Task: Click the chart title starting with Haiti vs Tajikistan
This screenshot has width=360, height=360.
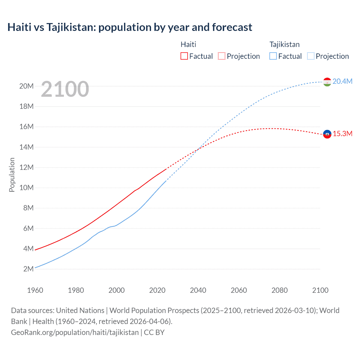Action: click(130, 27)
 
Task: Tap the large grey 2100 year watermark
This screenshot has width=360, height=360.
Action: click(65, 89)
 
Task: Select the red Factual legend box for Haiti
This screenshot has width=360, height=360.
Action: click(184, 56)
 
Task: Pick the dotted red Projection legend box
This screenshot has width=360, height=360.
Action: click(222, 56)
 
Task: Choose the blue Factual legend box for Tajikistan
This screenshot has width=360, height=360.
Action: click(273, 56)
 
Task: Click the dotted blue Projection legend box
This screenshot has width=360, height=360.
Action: click(311, 56)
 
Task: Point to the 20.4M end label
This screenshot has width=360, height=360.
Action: click(342, 81)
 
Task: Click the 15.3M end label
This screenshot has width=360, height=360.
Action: click(342, 134)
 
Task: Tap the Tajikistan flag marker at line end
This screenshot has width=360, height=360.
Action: click(327, 82)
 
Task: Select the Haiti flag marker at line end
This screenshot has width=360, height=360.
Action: click(327, 134)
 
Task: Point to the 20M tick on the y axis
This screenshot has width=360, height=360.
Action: click(26, 86)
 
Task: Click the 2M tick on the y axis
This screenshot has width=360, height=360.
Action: click(28, 269)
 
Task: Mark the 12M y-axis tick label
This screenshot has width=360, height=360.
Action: click(26, 167)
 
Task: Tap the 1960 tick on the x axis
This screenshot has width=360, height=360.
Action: click(35, 290)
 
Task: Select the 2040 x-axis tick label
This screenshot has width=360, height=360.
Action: click(198, 290)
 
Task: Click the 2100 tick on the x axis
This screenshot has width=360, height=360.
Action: click(320, 290)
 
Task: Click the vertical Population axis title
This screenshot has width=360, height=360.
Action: click(12, 175)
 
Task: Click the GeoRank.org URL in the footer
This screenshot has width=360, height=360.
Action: click(75, 332)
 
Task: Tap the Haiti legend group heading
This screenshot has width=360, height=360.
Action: click(188, 44)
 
